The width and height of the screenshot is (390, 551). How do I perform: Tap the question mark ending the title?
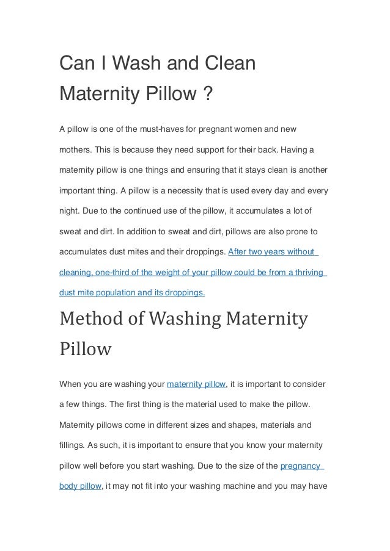point(208,95)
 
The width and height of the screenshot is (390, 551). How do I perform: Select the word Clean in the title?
point(229,63)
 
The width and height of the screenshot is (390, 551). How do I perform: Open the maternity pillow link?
point(196,384)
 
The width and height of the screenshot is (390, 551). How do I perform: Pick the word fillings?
point(73,445)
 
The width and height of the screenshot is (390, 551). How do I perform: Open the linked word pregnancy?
point(301,466)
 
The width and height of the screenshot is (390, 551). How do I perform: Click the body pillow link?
point(78,486)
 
